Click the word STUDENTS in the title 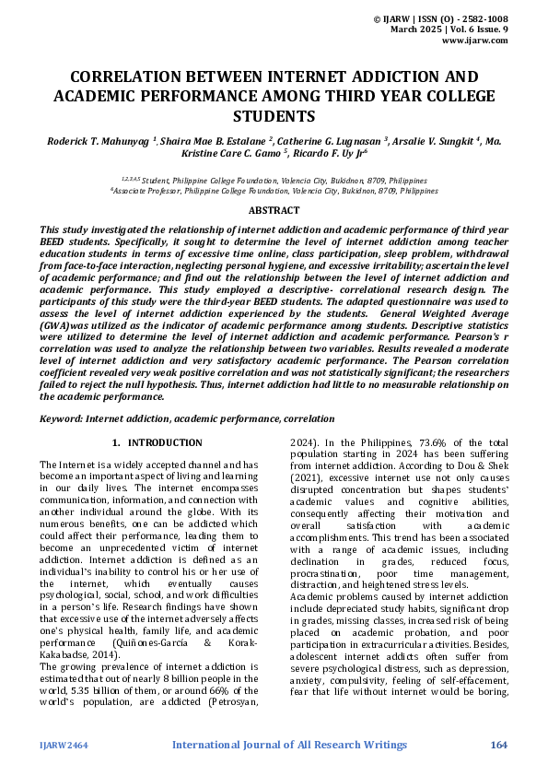tap(274, 116)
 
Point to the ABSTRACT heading tap(274, 211)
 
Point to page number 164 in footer tap(499, 744)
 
